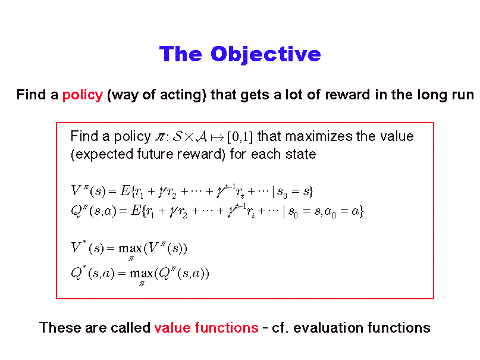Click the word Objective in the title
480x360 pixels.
[x=266, y=55]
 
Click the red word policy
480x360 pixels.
[x=83, y=95]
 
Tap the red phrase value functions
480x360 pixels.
[x=206, y=327]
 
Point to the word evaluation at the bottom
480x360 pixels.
[x=328, y=327]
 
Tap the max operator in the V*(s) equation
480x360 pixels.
[x=130, y=248]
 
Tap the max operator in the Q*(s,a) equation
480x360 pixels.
[x=142, y=273]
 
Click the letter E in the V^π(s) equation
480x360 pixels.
[x=126, y=191]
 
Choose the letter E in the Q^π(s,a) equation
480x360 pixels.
[x=136, y=211]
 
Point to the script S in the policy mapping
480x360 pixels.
[x=178, y=136]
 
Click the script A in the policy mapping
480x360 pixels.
[x=202, y=136]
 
